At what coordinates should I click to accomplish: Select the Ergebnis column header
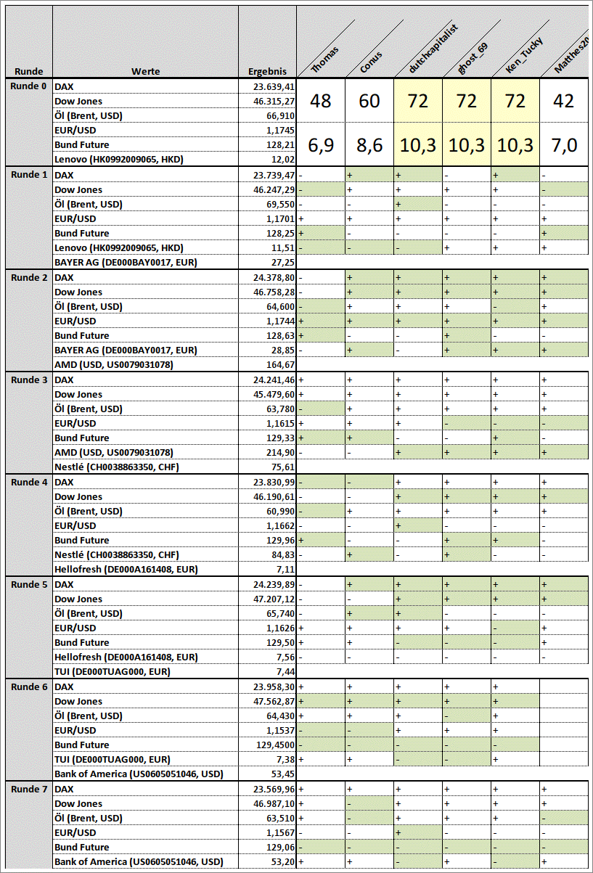(267, 72)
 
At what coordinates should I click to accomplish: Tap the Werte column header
(145, 72)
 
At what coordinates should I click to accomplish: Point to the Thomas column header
(324, 60)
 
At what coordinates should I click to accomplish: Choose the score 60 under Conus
(369, 101)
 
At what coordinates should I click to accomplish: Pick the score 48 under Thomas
(321, 101)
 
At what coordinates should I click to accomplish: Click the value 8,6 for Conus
(369, 145)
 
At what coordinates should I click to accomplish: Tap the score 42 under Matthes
(563, 101)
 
